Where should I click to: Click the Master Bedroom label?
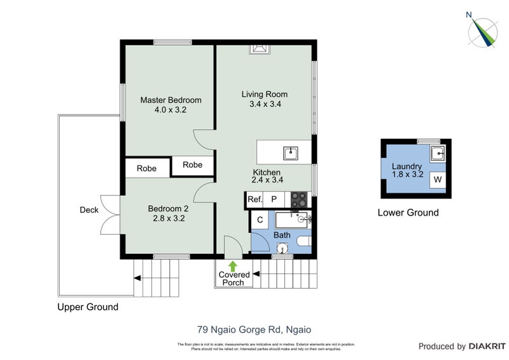[x=171, y=100]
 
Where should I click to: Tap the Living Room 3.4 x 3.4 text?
[x=261, y=99]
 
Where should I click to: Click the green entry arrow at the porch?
[x=233, y=266]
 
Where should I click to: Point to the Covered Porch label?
[x=234, y=279]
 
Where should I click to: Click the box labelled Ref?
[x=254, y=200]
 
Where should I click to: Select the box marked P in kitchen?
[x=275, y=200]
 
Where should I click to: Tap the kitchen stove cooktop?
[x=299, y=200]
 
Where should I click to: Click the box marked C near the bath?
[x=260, y=220]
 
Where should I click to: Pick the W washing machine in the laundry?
[x=437, y=180]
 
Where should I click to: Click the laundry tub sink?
[x=437, y=153]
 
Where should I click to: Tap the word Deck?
[x=89, y=210]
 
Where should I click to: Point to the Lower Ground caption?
[x=408, y=212]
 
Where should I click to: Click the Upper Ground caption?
[x=88, y=307]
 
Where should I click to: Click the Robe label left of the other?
[x=146, y=169]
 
